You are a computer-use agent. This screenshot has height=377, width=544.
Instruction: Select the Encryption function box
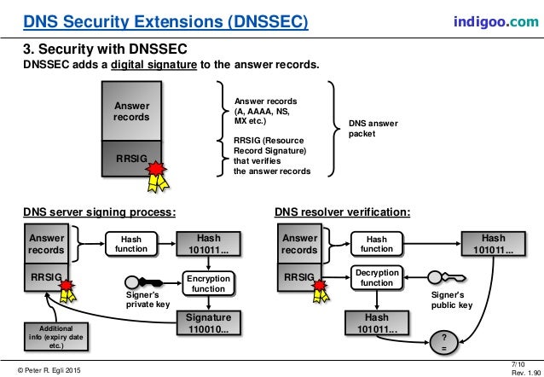point(208,284)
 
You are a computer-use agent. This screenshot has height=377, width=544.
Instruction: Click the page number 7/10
point(523,362)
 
